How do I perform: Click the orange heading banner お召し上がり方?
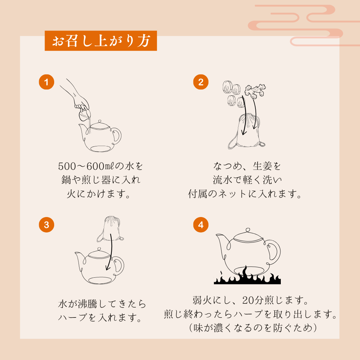click(101, 41)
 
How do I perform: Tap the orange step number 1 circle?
click(47, 82)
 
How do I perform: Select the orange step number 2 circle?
click(201, 82)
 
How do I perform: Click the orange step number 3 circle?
click(47, 225)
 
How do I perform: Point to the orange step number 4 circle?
click(201, 225)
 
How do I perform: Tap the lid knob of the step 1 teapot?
click(100, 121)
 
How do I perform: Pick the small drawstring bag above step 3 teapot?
click(110, 229)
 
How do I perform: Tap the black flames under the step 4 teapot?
click(247, 277)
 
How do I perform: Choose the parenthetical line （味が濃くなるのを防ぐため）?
click(253, 328)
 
